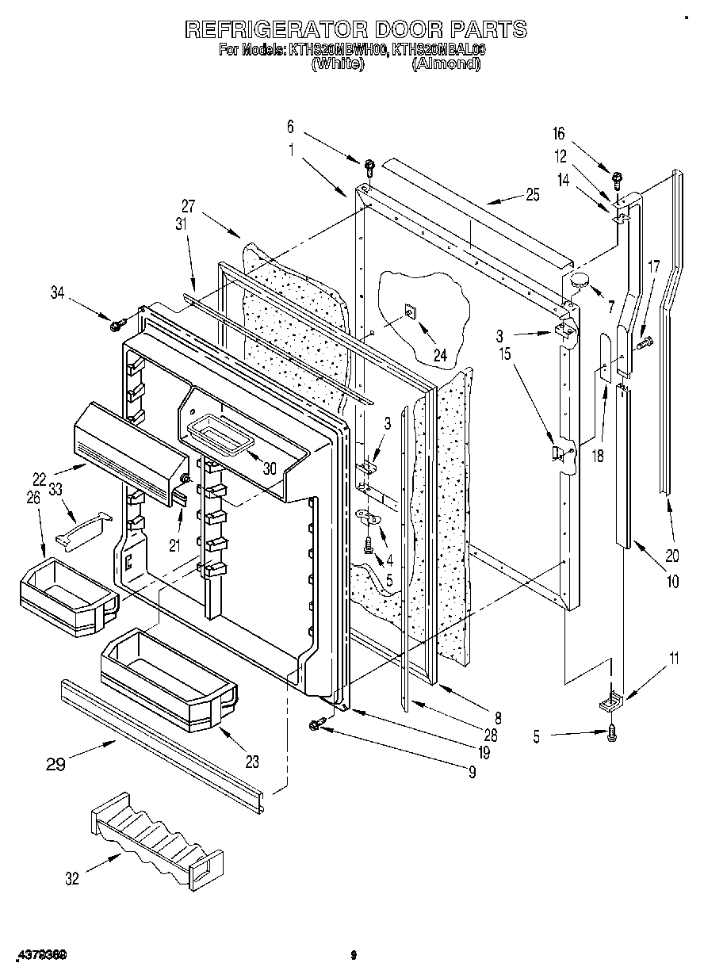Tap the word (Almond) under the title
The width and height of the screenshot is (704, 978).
point(446,65)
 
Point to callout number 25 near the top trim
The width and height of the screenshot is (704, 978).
point(531,195)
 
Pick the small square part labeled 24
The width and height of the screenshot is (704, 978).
point(410,311)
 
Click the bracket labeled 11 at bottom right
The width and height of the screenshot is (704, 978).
point(612,700)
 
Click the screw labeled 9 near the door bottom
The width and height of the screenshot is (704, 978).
point(318,724)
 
